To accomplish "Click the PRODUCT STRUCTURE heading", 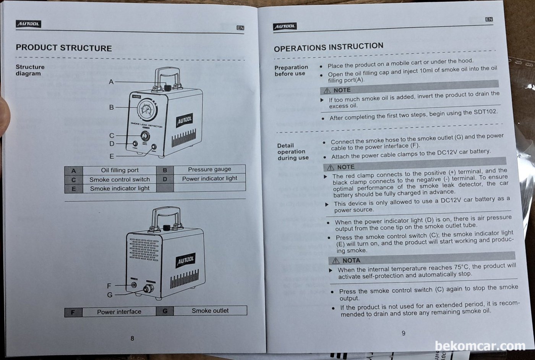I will (x=64, y=48).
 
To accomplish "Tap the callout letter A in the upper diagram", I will (x=111, y=81).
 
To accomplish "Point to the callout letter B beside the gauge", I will (x=111, y=107).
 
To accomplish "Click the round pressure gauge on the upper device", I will (x=147, y=110).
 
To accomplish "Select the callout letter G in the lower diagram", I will (x=110, y=295).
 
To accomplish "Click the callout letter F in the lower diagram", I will (x=109, y=285).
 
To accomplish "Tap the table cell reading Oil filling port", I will (x=120, y=170).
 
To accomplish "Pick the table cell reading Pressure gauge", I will (x=209, y=169).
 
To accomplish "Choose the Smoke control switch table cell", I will (x=120, y=179).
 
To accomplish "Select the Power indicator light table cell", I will (x=209, y=178).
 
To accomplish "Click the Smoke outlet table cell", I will (x=210, y=311).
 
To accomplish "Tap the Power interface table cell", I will (x=119, y=312).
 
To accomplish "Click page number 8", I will (x=132, y=338).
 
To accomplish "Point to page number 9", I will (x=404, y=333).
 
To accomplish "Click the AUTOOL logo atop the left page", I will (x=28, y=24).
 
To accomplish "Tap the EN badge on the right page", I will (x=489, y=19).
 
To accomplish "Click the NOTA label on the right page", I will (x=351, y=260).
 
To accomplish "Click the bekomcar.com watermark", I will (x=480, y=346).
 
